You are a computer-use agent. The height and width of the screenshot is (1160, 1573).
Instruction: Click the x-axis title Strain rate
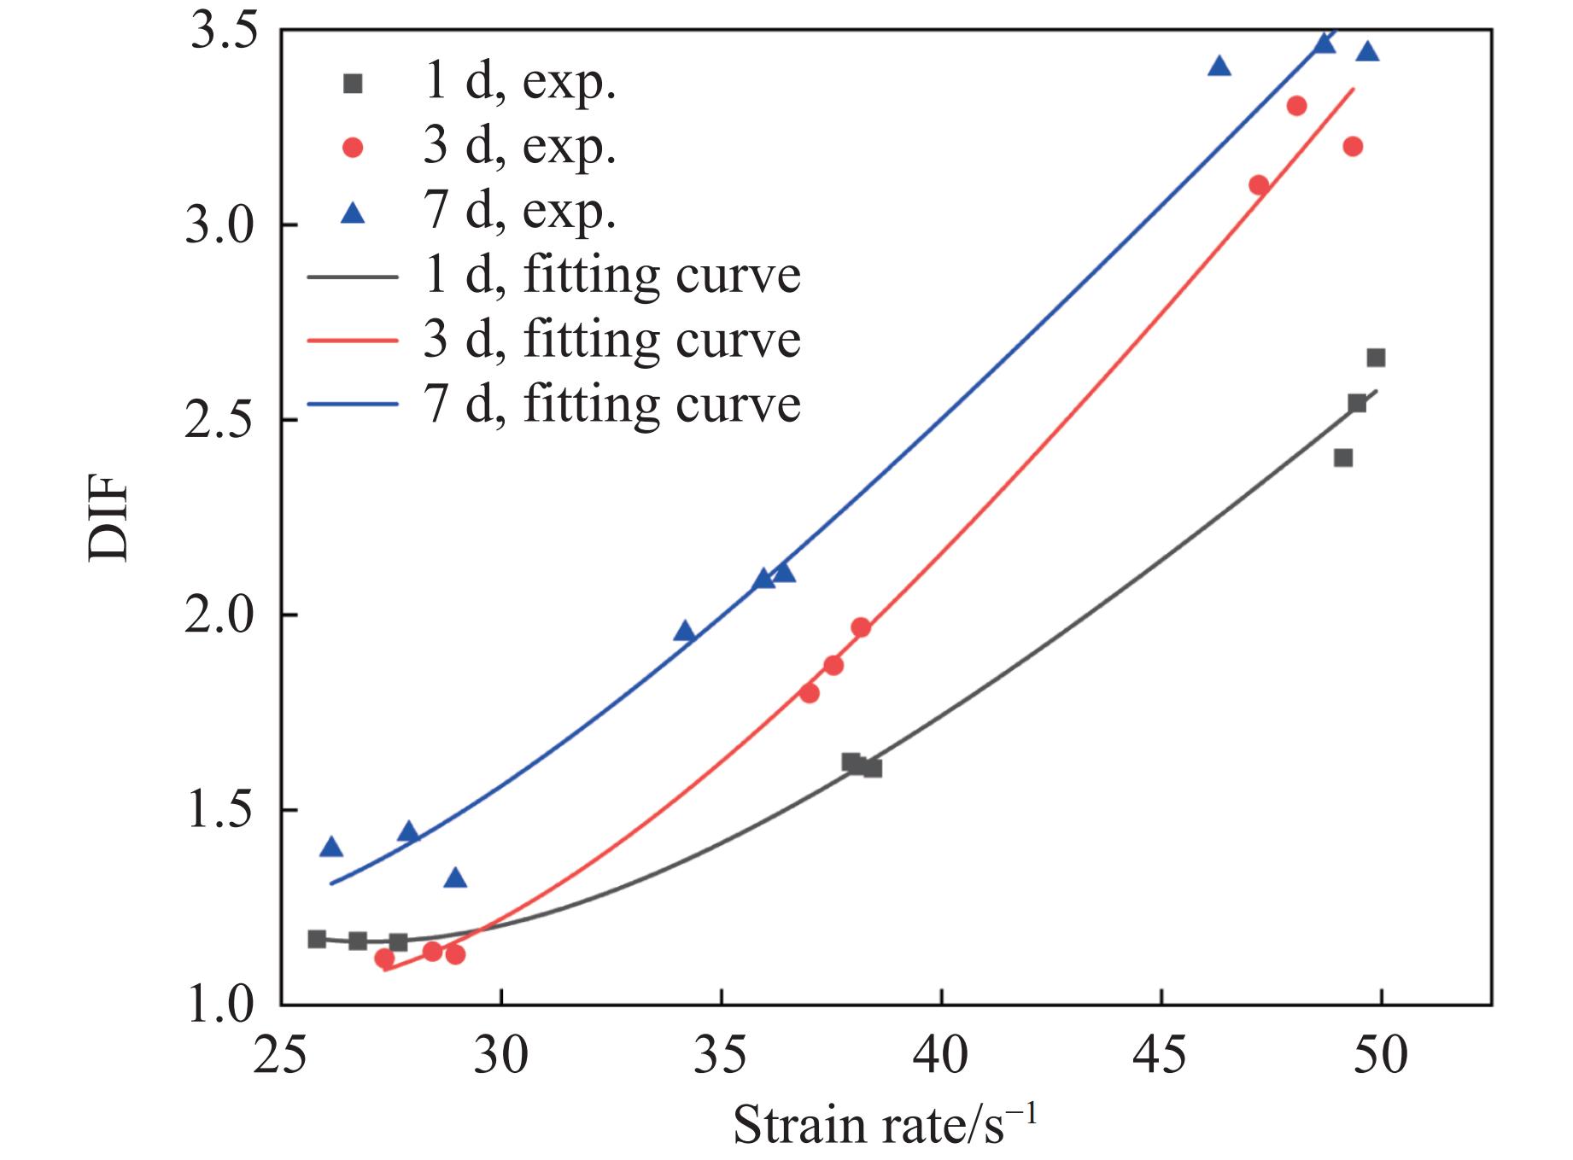pyautogui.click(x=884, y=1125)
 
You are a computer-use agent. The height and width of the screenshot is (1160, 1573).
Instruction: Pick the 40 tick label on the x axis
pyautogui.click(x=941, y=1057)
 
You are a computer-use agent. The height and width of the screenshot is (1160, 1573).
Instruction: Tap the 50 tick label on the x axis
pyautogui.click(x=1381, y=1057)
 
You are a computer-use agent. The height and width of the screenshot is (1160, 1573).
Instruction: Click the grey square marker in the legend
pyautogui.click(x=353, y=84)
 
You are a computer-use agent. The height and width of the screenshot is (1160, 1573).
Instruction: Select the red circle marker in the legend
pyautogui.click(x=353, y=149)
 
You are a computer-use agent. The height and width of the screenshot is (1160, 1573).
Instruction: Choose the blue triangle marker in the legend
pyautogui.click(x=353, y=213)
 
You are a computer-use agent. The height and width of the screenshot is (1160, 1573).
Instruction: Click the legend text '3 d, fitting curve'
pyautogui.click(x=611, y=341)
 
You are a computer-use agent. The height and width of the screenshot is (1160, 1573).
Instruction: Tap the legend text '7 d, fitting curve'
pyautogui.click(x=611, y=405)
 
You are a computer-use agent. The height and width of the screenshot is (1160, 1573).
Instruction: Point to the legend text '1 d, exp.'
pyautogui.click(x=518, y=84)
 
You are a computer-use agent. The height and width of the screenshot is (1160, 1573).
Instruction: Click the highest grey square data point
pyautogui.click(x=1376, y=358)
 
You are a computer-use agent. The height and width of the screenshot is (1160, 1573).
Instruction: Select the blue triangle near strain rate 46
pyautogui.click(x=1219, y=67)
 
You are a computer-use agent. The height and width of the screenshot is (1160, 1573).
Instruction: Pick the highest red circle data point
pyautogui.click(x=1296, y=106)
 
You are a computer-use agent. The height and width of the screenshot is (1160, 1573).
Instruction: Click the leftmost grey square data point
pyautogui.click(x=317, y=939)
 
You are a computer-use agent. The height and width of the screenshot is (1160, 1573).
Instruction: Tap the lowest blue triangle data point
pyautogui.click(x=455, y=878)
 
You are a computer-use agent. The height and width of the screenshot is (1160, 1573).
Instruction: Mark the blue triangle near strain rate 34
pyautogui.click(x=685, y=632)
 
